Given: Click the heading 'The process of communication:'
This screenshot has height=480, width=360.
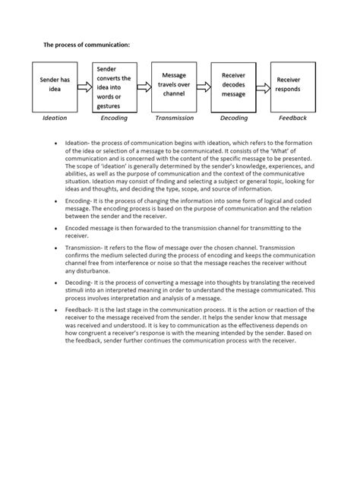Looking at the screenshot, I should coord(86,46).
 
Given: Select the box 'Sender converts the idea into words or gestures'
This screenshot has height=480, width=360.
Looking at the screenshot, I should coord(114,86).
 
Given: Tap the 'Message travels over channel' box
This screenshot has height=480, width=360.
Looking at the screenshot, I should coord(174,85).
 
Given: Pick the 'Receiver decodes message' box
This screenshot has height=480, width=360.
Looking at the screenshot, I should coord(233,85).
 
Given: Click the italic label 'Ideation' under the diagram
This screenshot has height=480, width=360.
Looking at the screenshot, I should coord(54,118).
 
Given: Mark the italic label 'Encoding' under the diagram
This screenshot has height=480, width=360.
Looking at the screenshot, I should coord(114,118).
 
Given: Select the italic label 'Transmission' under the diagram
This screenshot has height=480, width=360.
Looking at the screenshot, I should coord(174,118).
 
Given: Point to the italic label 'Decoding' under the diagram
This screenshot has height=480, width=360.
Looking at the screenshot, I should coord(234,118).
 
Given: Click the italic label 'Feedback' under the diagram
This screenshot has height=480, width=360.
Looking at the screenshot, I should coord(292,118).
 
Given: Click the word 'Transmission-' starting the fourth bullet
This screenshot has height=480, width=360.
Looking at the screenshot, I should coord(87,248).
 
